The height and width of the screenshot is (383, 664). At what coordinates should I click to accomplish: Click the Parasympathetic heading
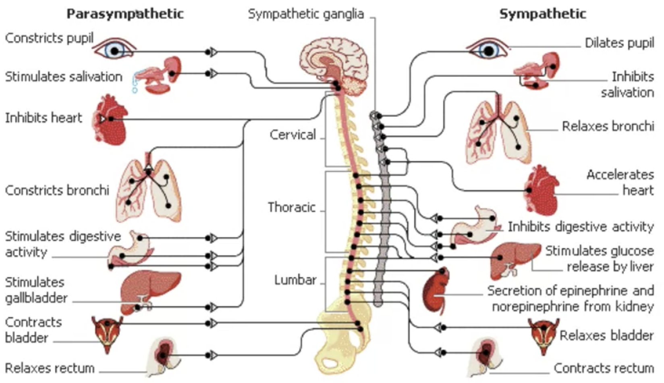(x=125, y=14)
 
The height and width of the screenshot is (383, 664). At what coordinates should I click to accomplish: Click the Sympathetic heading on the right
(x=542, y=14)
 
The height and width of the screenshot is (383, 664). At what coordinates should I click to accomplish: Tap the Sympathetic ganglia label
(x=306, y=14)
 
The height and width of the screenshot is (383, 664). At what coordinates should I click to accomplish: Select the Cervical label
(x=293, y=135)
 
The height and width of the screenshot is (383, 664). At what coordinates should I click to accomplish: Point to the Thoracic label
(x=292, y=207)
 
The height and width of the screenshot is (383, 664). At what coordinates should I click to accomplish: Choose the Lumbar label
(x=295, y=280)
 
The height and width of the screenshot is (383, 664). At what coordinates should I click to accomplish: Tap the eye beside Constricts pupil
(x=114, y=50)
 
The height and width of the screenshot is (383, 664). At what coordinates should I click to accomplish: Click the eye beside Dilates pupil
(x=488, y=50)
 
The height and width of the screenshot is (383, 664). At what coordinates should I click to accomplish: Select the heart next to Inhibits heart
(x=111, y=120)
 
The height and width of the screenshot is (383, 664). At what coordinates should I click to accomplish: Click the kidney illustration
(x=436, y=289)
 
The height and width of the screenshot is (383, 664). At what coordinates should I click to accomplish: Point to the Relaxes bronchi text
(x=608, y=126)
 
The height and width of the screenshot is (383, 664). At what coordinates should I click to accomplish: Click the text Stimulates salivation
(x=63, y=77)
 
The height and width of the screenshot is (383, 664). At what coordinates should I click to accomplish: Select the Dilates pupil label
(x=619, y=43)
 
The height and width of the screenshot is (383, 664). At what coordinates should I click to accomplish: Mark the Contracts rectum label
(x=603, y=368)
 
